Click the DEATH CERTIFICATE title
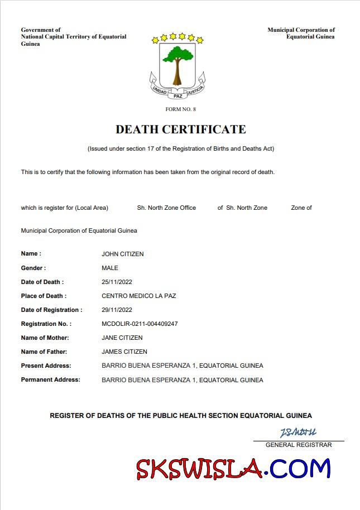[180, 129]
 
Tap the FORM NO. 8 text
[180, 109]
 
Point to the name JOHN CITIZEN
[122, 254]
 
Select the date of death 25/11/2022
[117, 282]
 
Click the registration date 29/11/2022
[117, 310]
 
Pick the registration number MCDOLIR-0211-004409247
[140, 324]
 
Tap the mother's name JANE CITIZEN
[122, 338]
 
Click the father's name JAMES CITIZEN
[124, 352]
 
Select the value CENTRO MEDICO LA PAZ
[138, 296]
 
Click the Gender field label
[33, 268]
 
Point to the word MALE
[110, 268]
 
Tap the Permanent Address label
[50, 379]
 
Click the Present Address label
[46, 365]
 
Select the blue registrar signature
[298, 432]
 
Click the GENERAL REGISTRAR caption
[299, 445]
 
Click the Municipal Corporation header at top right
[301, 33]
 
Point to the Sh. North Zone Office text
[166, 208]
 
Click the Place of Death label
[44, 296]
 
